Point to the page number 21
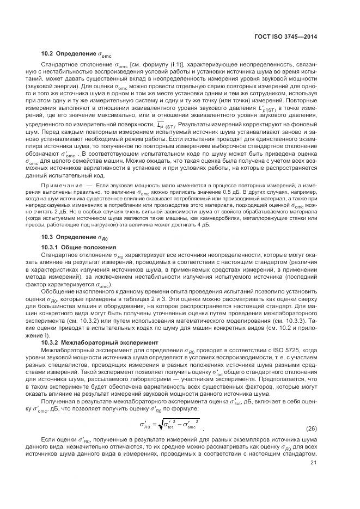[x=313, y=463]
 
